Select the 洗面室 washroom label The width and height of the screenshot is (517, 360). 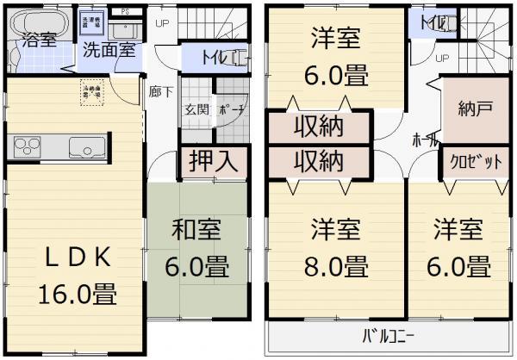109,48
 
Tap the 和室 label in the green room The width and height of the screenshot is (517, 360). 197,230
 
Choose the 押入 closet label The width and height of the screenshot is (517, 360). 214,162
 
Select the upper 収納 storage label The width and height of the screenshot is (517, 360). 320,127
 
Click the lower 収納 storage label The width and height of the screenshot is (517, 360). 320,160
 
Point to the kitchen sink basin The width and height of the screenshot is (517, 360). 85,146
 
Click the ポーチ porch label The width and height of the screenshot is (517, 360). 231,109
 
